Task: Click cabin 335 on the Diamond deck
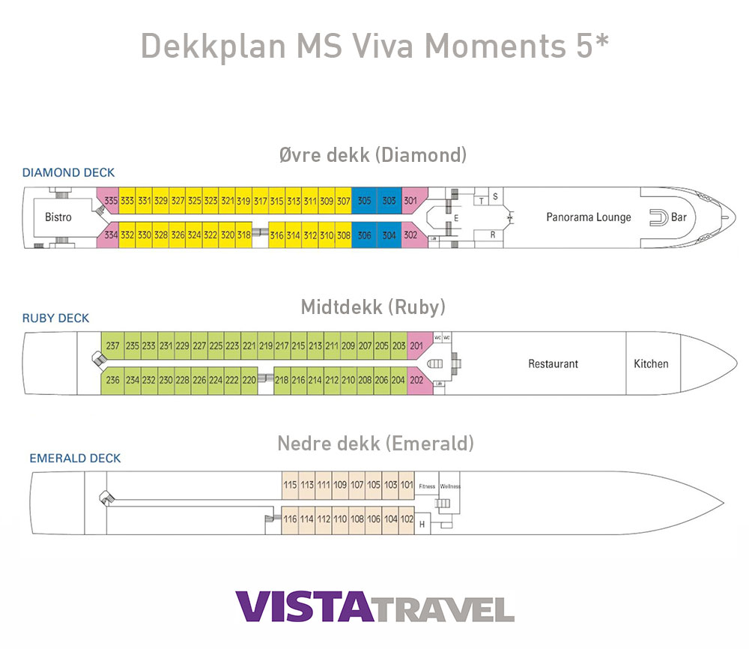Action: coord(111,201)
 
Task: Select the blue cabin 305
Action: coord(364,201)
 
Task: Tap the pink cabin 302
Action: coord(410,235)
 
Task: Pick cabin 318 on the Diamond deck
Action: coord(243,235)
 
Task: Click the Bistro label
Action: coord(58,217)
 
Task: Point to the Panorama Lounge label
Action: coord(589,217)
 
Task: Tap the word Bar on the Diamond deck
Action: coord(679,217)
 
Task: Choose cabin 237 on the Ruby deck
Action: coord(112,345)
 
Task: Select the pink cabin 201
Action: coord(417,345)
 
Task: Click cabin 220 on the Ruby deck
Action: coord(249,380)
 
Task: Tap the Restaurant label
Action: coord(554,363)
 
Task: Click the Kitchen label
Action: coord(651,363)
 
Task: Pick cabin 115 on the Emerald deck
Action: coord(290,485)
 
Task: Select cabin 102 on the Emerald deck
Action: coord(407,519)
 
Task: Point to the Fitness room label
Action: coord(427,486)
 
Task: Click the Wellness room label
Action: coord(450,486)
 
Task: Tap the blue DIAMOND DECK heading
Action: coord(68,173)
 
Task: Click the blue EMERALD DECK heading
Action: coord(75,458)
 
